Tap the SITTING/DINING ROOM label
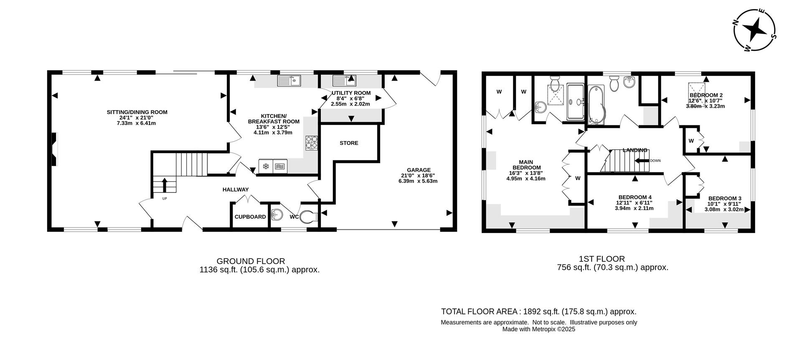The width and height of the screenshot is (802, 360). click(x=137, y=112)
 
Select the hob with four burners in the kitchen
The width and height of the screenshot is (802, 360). click(x=311, y=143)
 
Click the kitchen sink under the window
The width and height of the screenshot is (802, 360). click(x=289, y=81)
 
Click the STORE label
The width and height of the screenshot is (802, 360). click(x=349, y=143)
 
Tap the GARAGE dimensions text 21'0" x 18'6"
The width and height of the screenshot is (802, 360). click(x=419, y=175)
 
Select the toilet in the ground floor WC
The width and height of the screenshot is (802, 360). click(x=310, y=216)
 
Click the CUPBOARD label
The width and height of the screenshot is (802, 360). click(x=250, y=217)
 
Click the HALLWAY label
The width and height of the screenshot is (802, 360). click(x=236, y=190)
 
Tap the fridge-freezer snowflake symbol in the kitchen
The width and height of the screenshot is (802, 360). click(x=265, y=167)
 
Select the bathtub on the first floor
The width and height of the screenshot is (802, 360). click(x=596, y=104)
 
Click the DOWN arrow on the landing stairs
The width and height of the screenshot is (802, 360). click(x=642, y=160)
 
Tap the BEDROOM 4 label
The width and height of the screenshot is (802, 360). click(x=635, y=197)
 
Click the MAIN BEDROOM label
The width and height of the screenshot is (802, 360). click(x=526, y=165)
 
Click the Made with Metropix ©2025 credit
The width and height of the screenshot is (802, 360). click(x=538, y=329)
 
